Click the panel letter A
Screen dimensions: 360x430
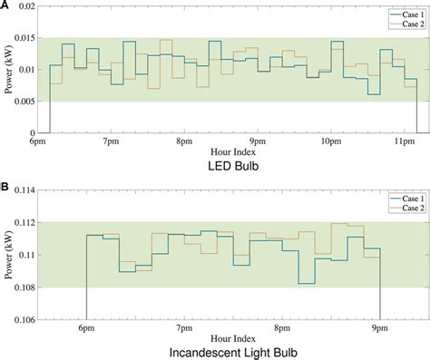pyautogui.click(x=5, y=5)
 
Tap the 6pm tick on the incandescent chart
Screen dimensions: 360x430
pyautogui.click(x=87, y=326)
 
